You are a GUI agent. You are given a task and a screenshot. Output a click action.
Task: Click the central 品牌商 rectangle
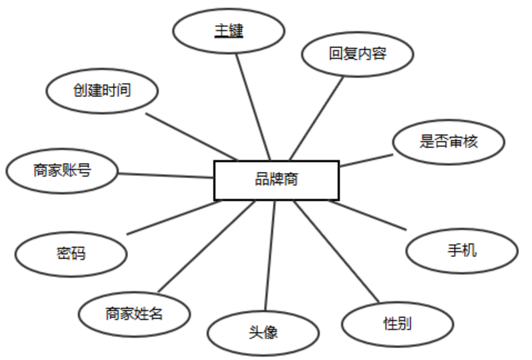pyautogui.click(x=276, y=179)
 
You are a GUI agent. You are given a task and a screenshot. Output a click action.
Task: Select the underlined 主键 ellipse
pyautogui.click(x=228, y=31)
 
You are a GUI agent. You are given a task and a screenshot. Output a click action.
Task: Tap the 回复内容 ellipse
pyautogui.click(x=357, y=54)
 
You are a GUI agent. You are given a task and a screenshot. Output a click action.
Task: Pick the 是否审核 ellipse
pyautogui.click(x=448, y=142)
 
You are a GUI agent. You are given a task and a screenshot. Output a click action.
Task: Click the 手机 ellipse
pyautogui.click(x=461, y=250)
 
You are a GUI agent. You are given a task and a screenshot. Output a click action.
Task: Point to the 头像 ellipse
pyautogui.click(x=263, y=333)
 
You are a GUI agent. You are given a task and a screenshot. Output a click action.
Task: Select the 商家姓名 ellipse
pyautogui.click(x=134, y=314)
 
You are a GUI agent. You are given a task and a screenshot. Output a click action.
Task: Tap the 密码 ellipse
pyautogui.click(x=70, y=254)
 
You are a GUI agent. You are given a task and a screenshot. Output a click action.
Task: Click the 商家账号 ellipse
pyautogui.click(x=62, y=171)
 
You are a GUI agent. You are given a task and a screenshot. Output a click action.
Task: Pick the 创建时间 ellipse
pyautogui.click(x=102, y=91)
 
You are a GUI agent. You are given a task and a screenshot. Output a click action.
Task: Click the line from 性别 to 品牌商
pyautogui.click(x=336, y=251)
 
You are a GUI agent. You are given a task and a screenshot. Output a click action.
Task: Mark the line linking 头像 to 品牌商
pyautogui.click(x=270, y=255)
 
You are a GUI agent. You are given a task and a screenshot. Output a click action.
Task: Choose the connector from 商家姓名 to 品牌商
pyautogui.click(x=206, y=246)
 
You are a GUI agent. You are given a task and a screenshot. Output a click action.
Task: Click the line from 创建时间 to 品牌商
pyautogui.click(x=191, y=136)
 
